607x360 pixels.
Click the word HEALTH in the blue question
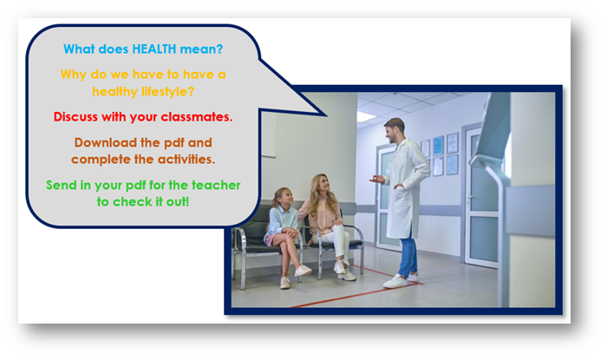(x=154, y=49)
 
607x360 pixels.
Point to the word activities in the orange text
(x=186, y=159)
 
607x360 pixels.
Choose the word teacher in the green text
(x=216, y=185)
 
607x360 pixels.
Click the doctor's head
(x=395, y=129)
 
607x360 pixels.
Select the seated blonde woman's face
(x=323, y=185)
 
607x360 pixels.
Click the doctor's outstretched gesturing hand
(x=376, y=179)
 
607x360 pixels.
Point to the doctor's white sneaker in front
(x=395, y=281)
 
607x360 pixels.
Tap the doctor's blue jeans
(x=408, y=255)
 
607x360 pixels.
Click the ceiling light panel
(x=365, y=116)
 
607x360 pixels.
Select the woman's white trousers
(x=337, y=240)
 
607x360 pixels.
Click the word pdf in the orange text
(x=174, y=142)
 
